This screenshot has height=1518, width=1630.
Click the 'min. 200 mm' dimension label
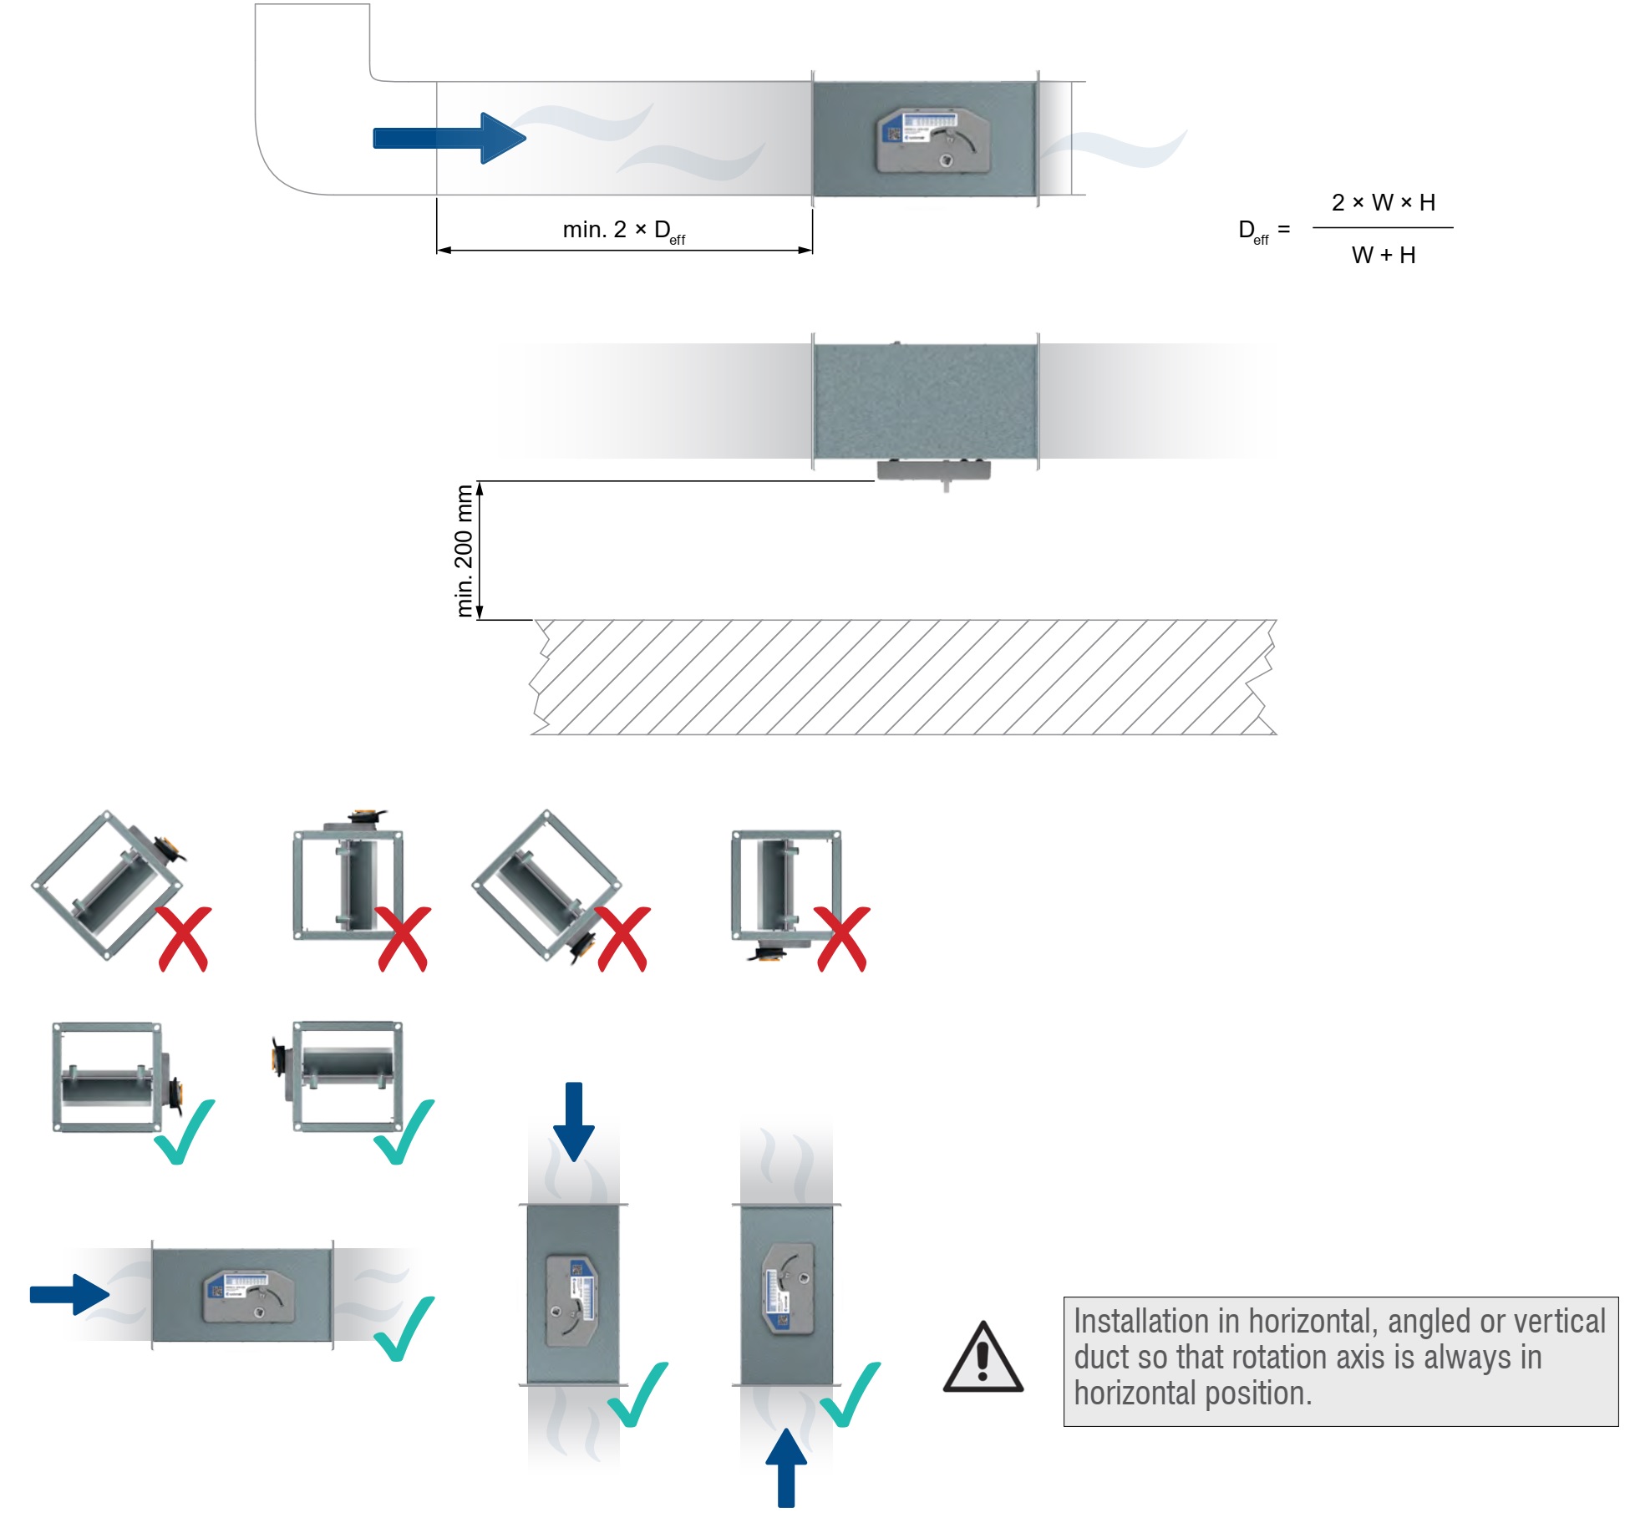coord(465,551)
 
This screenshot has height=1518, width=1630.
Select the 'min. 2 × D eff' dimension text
coord(623,231)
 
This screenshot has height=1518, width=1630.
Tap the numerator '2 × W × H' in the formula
coord(1384,202)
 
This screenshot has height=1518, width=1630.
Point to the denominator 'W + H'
coord(1384,255)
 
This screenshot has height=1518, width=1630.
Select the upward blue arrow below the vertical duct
coord(786,1467)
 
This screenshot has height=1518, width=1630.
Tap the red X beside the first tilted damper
coord(185,939)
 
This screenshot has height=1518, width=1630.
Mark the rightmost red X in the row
coord(843,939)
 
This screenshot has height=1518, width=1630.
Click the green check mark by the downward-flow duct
coord(638,1395)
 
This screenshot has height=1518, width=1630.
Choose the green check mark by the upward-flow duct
coord(851,1395)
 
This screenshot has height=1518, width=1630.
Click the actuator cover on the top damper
coord(933,140)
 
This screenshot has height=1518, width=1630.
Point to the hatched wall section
coord(902,677)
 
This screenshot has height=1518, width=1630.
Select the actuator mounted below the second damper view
coord(933,471)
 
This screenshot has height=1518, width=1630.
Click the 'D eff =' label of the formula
coord(1262,230)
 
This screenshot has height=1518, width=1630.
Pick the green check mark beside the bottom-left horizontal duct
coord(404,1328)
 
